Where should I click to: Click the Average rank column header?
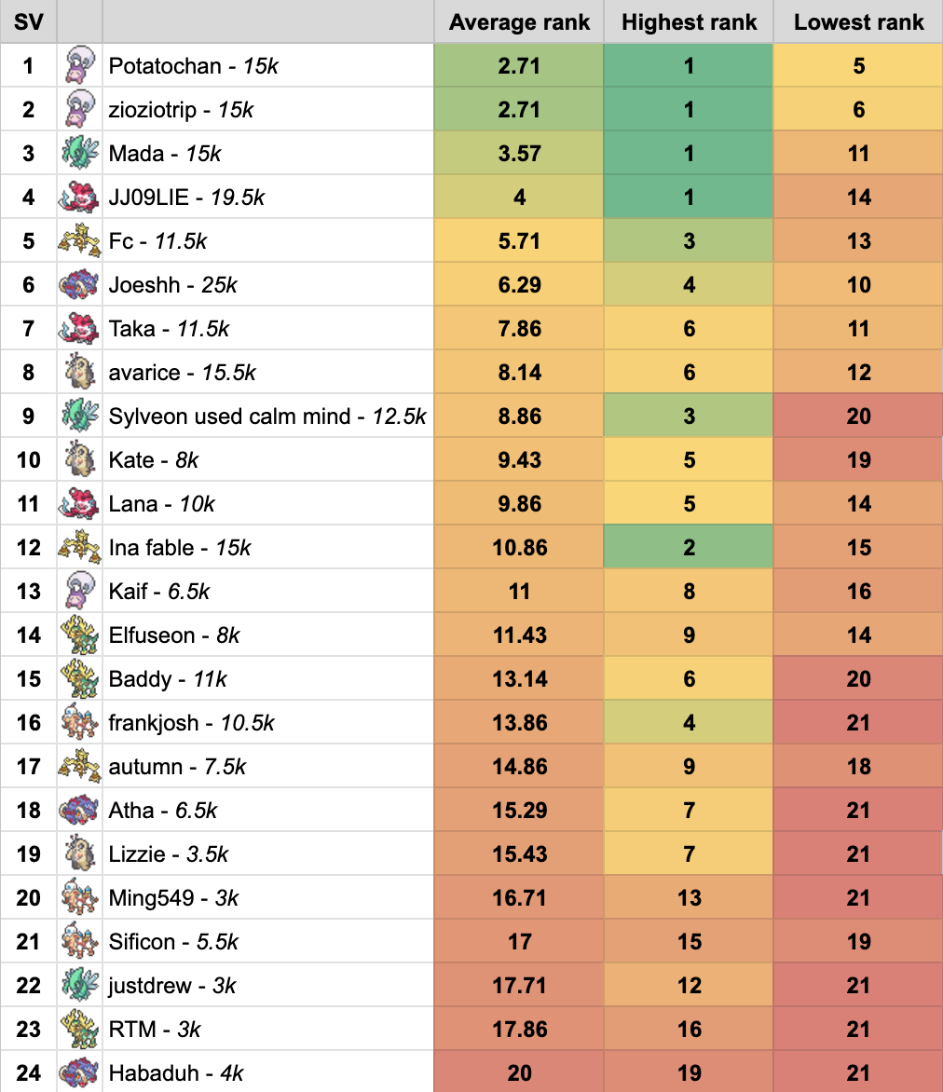tap(519, 22)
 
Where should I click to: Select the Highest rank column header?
tap(689, 22)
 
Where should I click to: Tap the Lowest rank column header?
tap(858, 22)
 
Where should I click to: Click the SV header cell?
tap(28, 22)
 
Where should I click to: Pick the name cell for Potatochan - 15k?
tap(193, 66)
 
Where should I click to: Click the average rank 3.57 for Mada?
tap(519, 154)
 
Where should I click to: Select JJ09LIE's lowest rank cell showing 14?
tap(858, 198)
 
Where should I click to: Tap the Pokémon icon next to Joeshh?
tap(79, 285)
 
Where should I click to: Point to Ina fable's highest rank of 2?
tap(689, 548)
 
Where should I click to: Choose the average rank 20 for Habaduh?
tap(519, 1073)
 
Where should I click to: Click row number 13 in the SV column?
tap(28, 592)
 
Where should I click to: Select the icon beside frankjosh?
tap(79, 723)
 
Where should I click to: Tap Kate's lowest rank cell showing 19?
tap(858, 460)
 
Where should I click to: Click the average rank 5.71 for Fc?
tap(519, 241)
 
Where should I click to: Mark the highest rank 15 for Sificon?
tap(689, 942)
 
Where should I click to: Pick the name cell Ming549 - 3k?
tap(173, 898)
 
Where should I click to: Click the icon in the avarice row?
tap(79, 373)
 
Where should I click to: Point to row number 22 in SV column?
tap(28, 986)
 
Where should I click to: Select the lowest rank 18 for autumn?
tap(858, 767)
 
